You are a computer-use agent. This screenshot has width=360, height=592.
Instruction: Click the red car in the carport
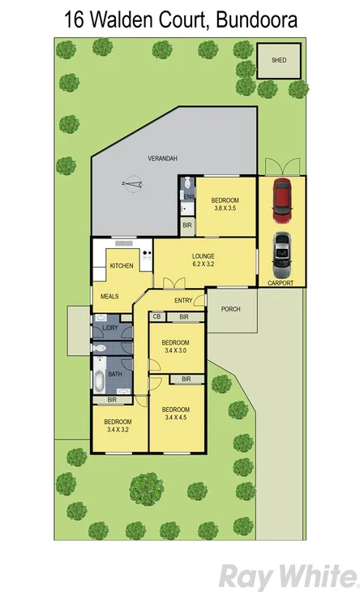coord(281,200)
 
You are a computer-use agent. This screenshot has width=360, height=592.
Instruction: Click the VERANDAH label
coord(162,158)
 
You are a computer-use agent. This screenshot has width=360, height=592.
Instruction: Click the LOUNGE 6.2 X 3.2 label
coord(203,260)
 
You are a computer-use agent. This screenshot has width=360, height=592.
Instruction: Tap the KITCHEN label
coord(122,266)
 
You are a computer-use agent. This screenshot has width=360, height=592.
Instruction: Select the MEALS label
coord(109,297)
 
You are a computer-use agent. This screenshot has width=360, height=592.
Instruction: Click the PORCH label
coord(231,308)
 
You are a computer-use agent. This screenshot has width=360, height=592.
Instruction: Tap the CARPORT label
coord(281,282)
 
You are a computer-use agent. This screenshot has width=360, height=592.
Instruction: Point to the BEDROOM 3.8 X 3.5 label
coord(225,204)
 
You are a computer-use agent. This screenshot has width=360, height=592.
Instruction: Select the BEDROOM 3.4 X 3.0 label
coord(174,345)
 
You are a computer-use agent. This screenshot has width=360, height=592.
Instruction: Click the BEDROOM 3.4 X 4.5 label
coord(175,413)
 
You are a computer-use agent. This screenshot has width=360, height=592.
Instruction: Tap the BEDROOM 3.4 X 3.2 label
coord(118,426)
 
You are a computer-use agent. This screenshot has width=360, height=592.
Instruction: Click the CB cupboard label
coord(156,316)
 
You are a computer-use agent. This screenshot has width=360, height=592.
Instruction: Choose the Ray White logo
coord(288,577)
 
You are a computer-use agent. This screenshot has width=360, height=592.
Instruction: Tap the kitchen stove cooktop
coord(146,257)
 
